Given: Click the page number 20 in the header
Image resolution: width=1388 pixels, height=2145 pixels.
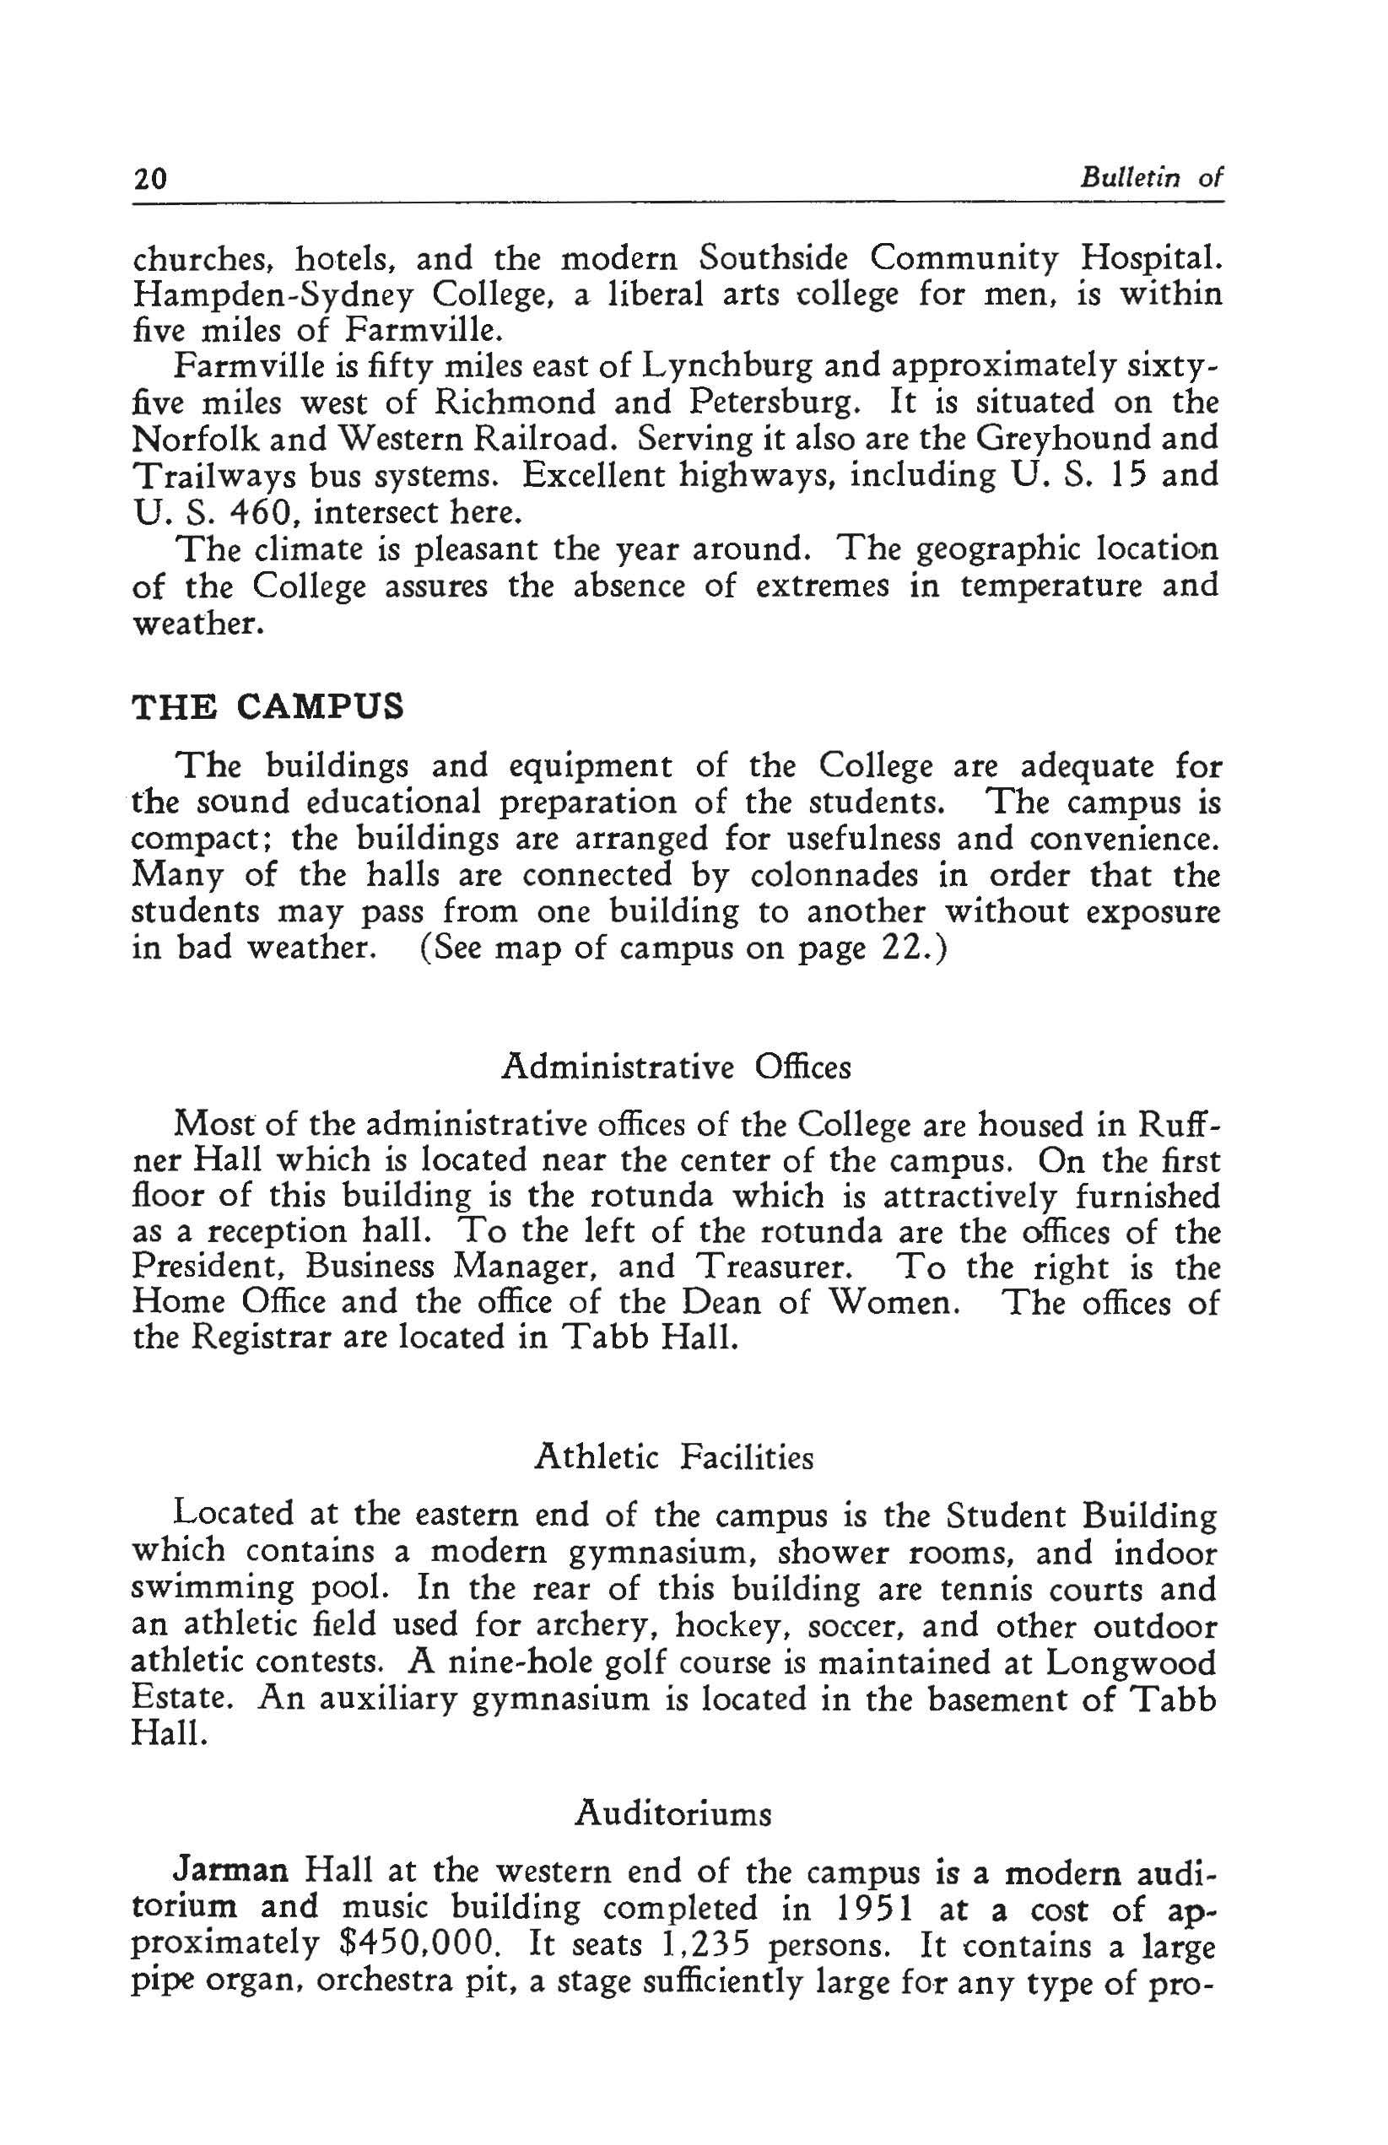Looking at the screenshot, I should click(x=149, y=178).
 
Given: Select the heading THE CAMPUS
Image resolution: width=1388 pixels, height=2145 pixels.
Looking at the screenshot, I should click(x=267, y=705).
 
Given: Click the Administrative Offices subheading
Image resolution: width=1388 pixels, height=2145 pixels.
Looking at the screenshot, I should click(x=675, y=1067).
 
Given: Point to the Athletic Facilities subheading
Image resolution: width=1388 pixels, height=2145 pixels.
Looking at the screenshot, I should click(x=674, y=1456).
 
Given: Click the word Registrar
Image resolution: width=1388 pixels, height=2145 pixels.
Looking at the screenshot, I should click(x=262, y=1337).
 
